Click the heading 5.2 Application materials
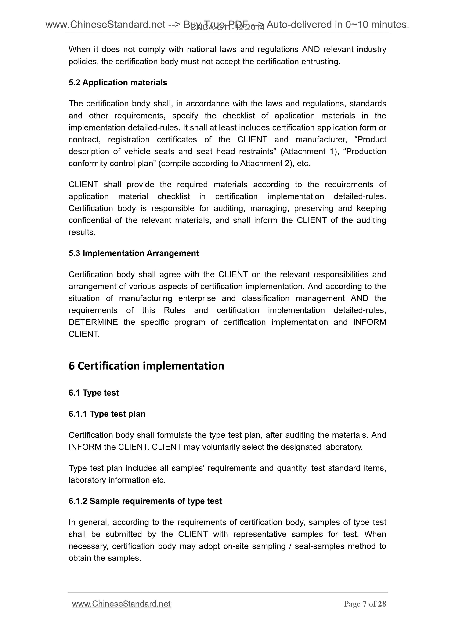[x=118, y=83]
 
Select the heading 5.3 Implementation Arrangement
[x=134, y=253]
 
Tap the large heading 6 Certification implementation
[x=146, y=366]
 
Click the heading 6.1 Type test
[x=94, y=393]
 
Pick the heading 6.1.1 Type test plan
[x=107, y=414]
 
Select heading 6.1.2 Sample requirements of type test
[x=145, y=501]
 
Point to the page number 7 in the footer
[x=365, y=604]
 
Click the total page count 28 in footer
[x=382, y=604]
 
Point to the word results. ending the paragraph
[x=82, y=232]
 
